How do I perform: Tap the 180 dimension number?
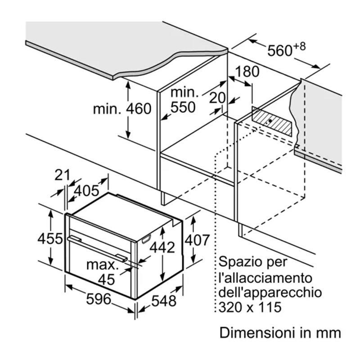[x=247, y=72]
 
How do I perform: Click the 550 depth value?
[x=183, y=107]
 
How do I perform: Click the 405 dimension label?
[x=86, y=191]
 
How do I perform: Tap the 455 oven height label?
[x=49, y=238]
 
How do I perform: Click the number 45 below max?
[x=107, y=279]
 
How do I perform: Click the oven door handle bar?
[x=97, y=247]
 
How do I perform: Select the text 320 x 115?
[x=250, y=307]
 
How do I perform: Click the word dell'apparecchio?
[x=270, y=292]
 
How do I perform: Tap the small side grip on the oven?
[x=146, y=239]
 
